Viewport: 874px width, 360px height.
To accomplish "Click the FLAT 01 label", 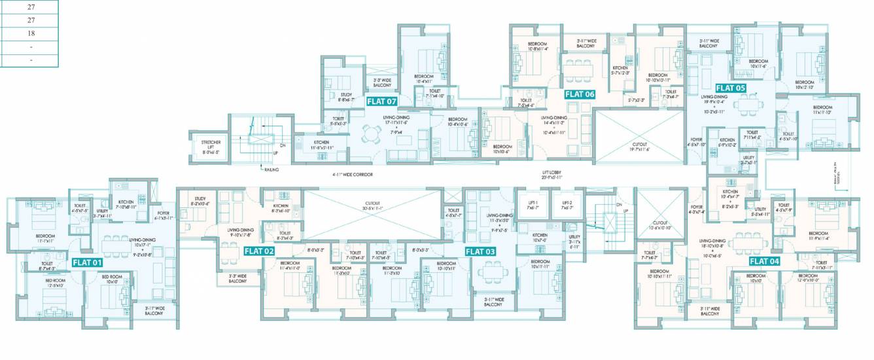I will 88,262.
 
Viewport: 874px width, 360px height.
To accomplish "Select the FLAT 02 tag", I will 259,251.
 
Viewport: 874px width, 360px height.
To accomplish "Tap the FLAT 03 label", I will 480,251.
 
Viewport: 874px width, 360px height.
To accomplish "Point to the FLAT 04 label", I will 764,261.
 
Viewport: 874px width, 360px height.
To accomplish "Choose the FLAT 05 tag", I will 730,87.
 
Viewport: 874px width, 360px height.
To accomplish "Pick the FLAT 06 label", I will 580,94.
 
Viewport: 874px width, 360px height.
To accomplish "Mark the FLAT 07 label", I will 382,101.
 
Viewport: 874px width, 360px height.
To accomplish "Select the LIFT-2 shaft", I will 567,205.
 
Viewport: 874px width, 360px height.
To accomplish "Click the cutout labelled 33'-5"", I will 372,206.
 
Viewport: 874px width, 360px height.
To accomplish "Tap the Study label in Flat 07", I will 346,97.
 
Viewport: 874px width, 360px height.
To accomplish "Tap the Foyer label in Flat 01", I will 164,215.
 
